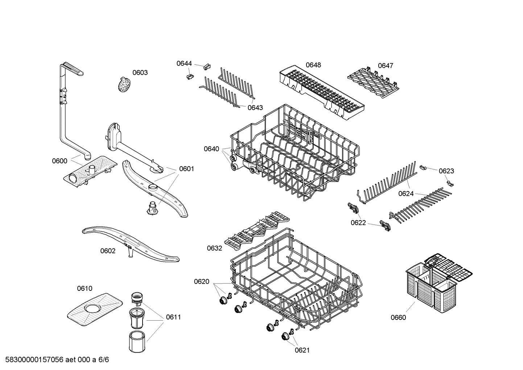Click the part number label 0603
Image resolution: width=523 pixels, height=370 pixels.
pos(140,73)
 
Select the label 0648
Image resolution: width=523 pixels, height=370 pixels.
pos(313,65)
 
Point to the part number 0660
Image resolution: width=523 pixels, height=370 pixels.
pos(398,318)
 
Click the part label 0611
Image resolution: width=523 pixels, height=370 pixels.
pos(173,317)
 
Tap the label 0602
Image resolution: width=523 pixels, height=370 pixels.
pos(108,251)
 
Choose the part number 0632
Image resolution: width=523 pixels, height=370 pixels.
pos(214,248)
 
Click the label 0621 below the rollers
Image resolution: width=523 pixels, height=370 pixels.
pos(302,350)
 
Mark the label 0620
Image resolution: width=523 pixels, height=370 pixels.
pos(201,281)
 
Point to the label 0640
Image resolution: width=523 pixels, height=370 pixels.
pos(211,149)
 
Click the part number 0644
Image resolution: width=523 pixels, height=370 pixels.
pos(184,64)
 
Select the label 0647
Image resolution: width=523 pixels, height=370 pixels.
pos(386,66)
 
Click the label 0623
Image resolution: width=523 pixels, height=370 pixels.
pos(446,171)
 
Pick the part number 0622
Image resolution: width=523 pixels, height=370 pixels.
pos(358,223)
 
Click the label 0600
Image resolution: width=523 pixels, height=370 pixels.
pos(59,161)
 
